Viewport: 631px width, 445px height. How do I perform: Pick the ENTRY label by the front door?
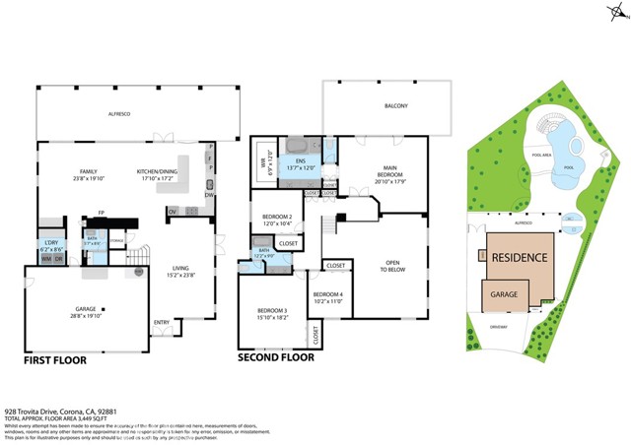pyautogui.click(x=161, y=322)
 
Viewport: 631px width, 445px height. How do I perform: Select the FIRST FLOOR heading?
pyautogui.click(x=55, y=360)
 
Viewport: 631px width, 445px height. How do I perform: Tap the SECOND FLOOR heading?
pyautogui.click(x=276, y=356)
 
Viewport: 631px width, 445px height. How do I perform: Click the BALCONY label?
pyautogui.click(x=395, y=105)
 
